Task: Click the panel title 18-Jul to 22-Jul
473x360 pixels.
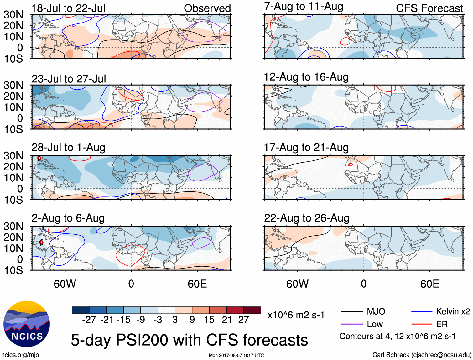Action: click(x=68, y=8)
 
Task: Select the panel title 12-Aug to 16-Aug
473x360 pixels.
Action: click(x=306, y=77)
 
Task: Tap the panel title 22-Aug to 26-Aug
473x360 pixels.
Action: click(x=306, y=218)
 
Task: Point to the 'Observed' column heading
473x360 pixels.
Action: click(x=207, y=8)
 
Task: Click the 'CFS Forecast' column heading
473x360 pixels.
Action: click(x=429, y=8)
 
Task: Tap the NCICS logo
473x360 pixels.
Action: click(x=27, y=324)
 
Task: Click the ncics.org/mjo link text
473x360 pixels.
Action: click(x=20, y=355)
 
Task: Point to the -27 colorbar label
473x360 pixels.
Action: click(x=89, y=320)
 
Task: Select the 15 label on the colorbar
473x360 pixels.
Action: click(x=209, y=320)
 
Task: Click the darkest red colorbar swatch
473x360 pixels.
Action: click(x=252, y=310)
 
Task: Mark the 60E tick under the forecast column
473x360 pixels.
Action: click(x=429, y=284)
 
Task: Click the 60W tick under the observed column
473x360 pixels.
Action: click(x=65, y=284)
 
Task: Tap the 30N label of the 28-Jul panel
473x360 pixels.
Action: click(x=13, y=156)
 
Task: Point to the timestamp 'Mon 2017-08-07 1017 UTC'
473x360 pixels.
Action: click(x=236, y=355)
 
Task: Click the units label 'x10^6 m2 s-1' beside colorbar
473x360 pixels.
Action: click(x=296, y=315)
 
